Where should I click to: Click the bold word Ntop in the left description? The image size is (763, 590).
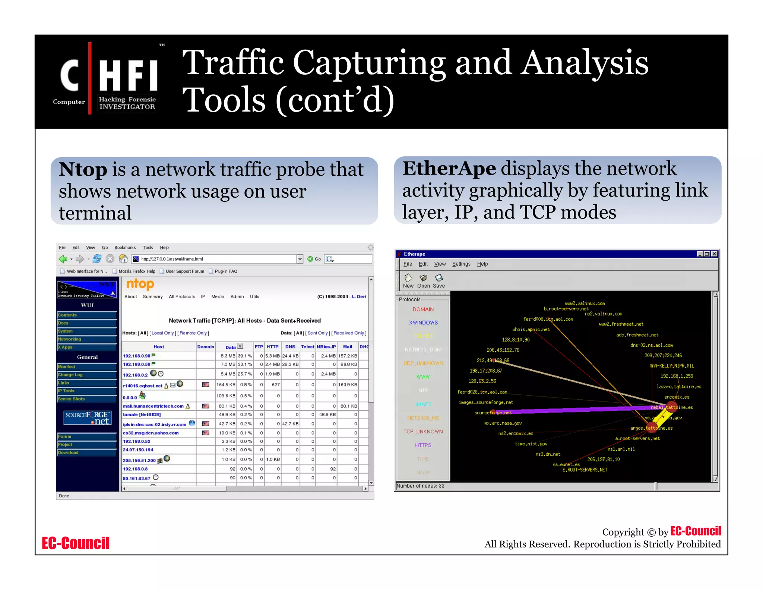(x=83, y=170)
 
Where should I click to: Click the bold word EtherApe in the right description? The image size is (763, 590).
(x=449, y=169)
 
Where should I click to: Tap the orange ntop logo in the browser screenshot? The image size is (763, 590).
(x=140, y=284)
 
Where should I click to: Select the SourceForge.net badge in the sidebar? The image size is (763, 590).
(x=87, y=418)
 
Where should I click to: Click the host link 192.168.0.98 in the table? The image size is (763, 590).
(x=137, y=356)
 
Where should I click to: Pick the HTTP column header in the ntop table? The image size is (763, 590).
(x=272, y=347)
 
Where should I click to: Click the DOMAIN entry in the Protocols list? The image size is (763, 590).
(x=423, y=310)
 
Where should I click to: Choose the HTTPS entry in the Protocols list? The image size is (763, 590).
(x=423, y=445)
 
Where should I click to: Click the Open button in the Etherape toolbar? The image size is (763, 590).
(x=423, y=281)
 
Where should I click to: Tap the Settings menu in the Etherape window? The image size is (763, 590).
(x=461, y=264)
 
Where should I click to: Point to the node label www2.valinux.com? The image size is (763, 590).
(x=585, y=304)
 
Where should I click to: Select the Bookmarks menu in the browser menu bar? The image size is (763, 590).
(x=125, y=248)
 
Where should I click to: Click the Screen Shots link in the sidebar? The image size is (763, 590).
(x=71, y=399)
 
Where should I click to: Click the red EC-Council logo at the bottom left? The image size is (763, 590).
(x=76, y=543)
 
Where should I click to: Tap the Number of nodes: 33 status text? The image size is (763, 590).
(x=420, y=486)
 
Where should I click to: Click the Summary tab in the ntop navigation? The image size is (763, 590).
(x=153, y=297)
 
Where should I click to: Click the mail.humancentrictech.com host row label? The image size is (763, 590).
(x=153, y=406)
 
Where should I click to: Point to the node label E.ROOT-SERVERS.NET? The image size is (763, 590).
(x=585, y=470)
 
